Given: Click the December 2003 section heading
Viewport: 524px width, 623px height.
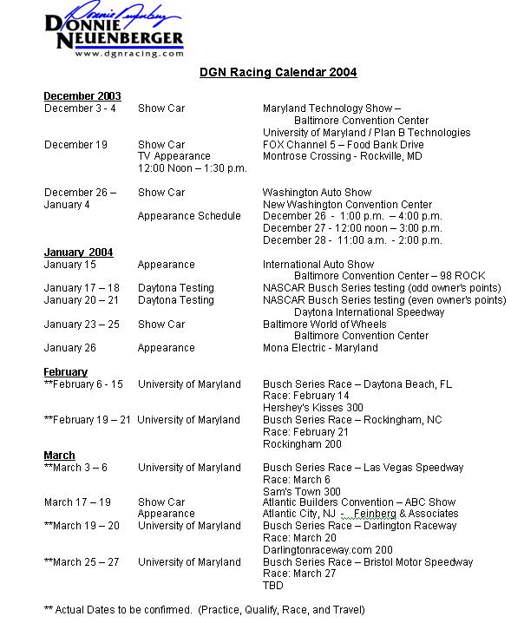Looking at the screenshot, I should (82, 96).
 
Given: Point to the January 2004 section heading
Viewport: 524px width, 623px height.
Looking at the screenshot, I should (78, 252).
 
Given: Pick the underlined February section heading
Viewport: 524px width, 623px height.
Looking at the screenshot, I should (66, 372).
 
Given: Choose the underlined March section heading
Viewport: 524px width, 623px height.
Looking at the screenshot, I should (60, 456).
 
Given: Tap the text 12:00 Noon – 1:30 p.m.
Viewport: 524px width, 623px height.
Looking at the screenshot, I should (193, 168).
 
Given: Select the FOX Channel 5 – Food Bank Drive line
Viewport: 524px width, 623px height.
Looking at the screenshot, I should (344, 145).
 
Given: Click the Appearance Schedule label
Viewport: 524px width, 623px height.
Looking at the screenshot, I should (189, 216).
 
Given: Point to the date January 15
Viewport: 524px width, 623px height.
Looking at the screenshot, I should (70, 265).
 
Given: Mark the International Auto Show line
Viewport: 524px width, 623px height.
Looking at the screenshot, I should (318, 265).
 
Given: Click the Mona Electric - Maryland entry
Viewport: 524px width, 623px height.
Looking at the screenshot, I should (320, 348).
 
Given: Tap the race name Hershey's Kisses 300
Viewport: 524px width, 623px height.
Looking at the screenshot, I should (313, 408).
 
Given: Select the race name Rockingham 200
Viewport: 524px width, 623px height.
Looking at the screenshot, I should (302, 443).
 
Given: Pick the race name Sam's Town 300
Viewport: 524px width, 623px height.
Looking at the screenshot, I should (302, 491).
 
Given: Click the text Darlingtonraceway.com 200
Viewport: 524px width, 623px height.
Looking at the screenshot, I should (328, 550).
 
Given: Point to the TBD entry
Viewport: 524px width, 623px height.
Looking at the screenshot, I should (274, 586).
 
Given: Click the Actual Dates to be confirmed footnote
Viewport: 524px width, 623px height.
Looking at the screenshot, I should (205, 610).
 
